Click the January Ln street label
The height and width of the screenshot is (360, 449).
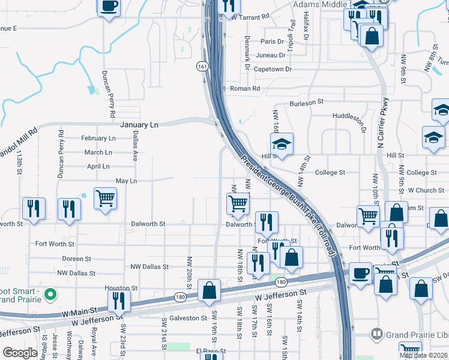click(139, 125)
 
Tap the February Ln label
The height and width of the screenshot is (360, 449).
click(97, 138)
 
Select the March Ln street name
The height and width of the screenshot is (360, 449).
click(98, 153)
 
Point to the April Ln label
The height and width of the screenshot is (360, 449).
click(98, 166)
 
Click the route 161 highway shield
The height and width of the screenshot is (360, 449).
click(205, 65)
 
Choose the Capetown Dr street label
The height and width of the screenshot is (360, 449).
click(272, 69)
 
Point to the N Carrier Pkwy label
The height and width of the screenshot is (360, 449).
click(384, 123)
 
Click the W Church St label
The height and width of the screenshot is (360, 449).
click(426, 190)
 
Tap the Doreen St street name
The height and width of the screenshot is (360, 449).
click(76, 259)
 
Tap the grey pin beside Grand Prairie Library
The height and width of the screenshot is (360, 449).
click(376, 332)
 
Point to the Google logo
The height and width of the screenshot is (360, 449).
click(20, 353)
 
